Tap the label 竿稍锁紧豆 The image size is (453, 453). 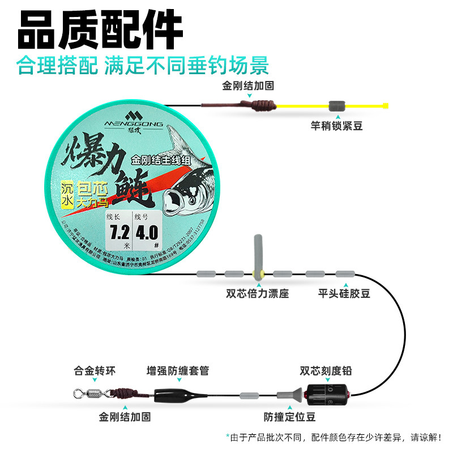coord(337,126)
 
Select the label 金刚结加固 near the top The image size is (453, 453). coord(248,86)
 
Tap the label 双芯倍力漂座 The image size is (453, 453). coord(258,294)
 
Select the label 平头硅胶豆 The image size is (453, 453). coord(344,294)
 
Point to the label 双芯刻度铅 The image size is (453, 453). coord(326,371)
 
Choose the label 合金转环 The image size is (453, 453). coord(95,371)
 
